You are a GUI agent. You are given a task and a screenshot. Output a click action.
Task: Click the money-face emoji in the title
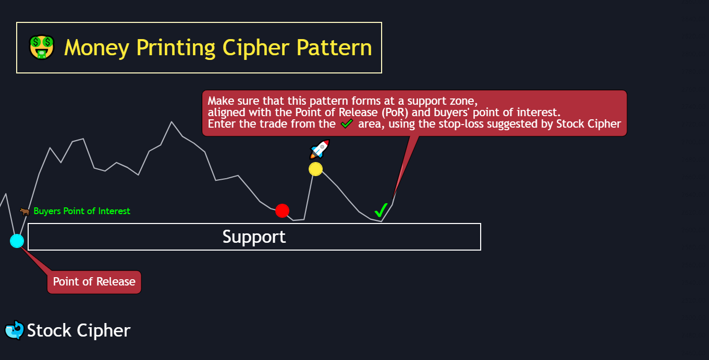(42, 47)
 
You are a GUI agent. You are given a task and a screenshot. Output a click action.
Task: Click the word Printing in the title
(176, 48)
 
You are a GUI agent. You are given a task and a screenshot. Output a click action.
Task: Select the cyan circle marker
(17, 241)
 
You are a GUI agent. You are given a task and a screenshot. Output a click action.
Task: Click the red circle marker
(282, 210)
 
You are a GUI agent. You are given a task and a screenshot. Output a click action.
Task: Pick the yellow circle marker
(315, 169)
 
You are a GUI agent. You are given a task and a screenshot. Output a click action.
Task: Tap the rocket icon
(320, 149)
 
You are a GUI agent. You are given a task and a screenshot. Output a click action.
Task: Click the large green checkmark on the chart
(381, 210)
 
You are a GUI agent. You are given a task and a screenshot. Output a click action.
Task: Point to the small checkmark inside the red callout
(347, 124)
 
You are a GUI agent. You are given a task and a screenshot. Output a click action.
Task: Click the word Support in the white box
(254, 237)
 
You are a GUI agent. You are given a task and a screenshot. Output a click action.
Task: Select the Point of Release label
(94, 282)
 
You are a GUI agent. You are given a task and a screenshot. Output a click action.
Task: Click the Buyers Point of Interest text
(82, 211)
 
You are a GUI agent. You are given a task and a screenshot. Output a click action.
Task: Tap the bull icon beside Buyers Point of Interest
(25, 211)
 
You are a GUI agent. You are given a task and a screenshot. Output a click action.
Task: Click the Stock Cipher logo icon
(14, 330)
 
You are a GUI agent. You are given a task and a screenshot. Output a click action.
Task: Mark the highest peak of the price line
(172, 122)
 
